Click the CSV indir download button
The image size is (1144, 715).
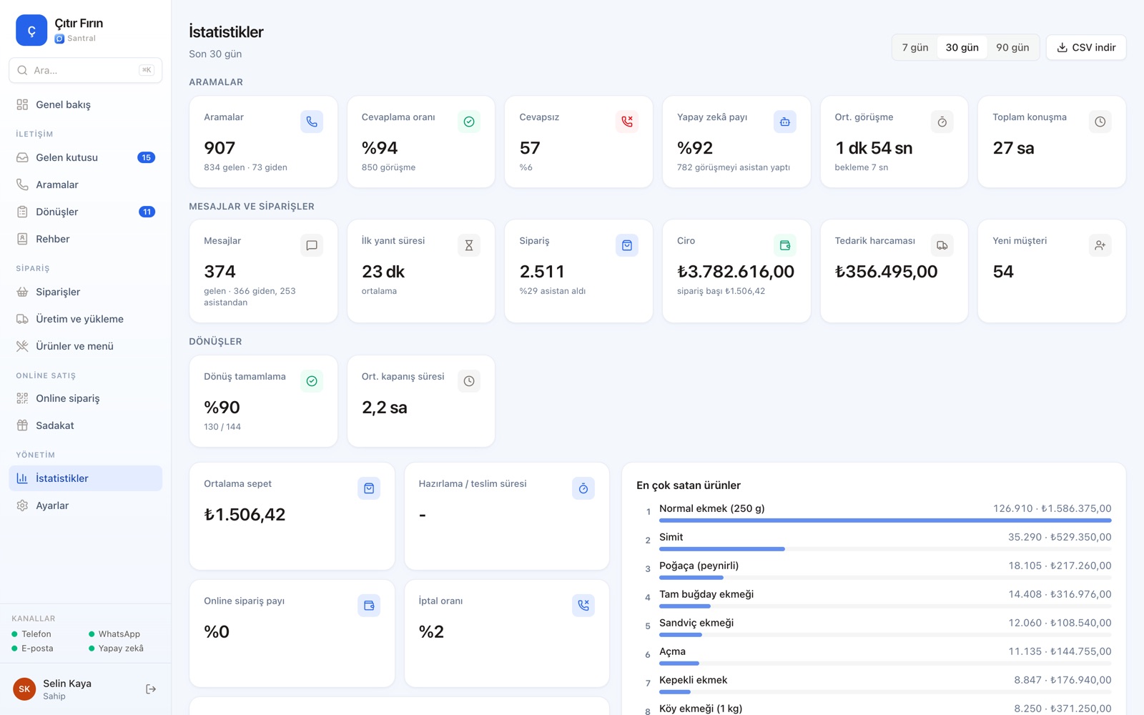click(x=1086, y=47)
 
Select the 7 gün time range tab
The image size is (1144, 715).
click(x=914, y=47)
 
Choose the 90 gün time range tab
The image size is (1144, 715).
click(x=1012, y=47)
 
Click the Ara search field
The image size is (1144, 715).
click(x=85, y=70)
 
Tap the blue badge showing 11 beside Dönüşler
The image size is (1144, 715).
click(x=147, y=212)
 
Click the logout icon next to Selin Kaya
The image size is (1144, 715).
click(x=151, y=689)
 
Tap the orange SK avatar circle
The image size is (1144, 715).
click(x=24, y=689)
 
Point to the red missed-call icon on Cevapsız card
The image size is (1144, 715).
click(x=626, y=122)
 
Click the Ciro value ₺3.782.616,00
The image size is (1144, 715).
click(x=736, y=271)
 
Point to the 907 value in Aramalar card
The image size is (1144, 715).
click(x=220, y=147)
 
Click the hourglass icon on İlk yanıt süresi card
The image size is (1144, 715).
click(x=469, y=245)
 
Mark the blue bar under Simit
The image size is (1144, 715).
click(x=721, y=549)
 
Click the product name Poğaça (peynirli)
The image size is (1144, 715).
click(x=699, y=566)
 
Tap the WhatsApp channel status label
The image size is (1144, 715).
click(x=119, y=633)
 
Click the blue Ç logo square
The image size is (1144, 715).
click(x=31, y=30)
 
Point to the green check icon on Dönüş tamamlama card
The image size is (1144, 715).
click(x=312, y=381)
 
